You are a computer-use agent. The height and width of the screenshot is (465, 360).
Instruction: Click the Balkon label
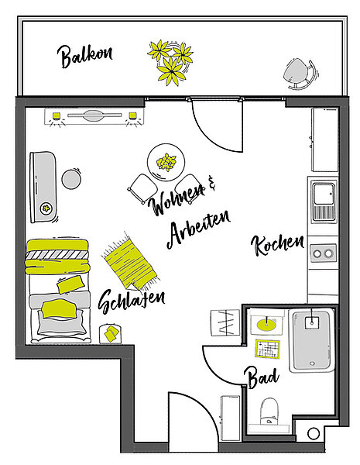click(84, 56)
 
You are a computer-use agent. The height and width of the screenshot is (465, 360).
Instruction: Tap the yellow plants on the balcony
click(170, 61)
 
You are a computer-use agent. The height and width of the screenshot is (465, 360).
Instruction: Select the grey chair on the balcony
click(300, 74)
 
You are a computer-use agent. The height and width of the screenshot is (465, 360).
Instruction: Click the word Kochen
click(277, 246)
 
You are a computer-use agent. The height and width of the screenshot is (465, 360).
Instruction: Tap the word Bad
click(262, 378)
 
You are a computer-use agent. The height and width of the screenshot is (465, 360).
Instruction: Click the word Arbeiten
click(198, 229)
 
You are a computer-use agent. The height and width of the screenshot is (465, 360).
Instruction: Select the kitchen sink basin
click(324, 194)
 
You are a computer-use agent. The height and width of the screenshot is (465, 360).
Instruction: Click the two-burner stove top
click(324, 253)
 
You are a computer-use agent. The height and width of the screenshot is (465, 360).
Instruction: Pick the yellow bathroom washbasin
click(266, 325)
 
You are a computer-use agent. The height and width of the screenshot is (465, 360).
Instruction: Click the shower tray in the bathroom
click(311, 341)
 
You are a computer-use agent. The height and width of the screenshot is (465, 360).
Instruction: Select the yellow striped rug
click(129, 262)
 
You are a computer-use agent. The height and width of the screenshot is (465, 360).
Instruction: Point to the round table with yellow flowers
click(166, 163)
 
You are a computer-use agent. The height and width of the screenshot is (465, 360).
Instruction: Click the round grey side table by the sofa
click(71, 179)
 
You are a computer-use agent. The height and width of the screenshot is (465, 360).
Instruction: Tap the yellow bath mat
click(268, 349)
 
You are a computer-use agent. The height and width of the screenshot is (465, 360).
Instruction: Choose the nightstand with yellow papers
click(111, 334)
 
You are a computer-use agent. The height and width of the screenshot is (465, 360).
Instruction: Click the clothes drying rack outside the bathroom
click(225, 322)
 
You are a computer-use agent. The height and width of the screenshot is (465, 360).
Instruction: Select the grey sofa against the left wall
click(43, 187)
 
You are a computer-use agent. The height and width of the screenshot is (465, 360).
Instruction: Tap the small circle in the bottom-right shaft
click(314, 434)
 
